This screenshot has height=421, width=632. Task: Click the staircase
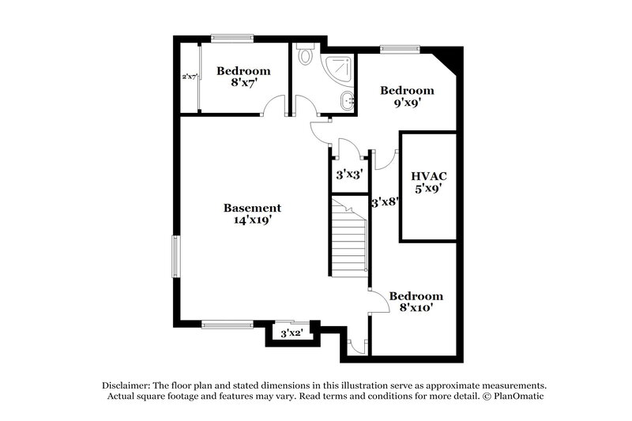(348, 237)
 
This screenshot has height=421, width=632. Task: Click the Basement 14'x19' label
(252, 214)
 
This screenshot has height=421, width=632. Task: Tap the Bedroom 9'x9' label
(407, 96)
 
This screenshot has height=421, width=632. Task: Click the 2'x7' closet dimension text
(190, 77)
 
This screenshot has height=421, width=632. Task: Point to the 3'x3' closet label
(348, 174)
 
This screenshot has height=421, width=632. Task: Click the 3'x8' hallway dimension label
(385, 201)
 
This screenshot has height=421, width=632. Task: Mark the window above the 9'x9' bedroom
(399, 49)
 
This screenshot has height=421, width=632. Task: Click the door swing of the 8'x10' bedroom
(378, 301)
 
